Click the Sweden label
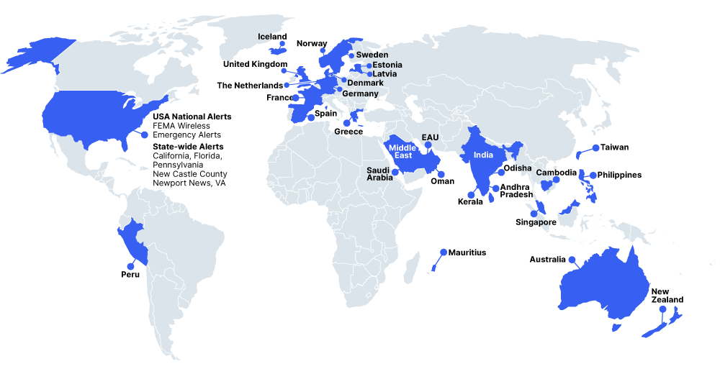coord(372,55)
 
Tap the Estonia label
coord(387,65)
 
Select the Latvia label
coord(385,74)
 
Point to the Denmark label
coord(366,83)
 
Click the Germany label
coord(360,94)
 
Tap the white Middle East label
coord(402,151)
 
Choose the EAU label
coord(430,137)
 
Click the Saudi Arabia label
coord(379,174)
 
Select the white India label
coord(484,155)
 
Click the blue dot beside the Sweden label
coord(351,55)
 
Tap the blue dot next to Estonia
coord(369,65)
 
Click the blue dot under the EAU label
coord(428,145)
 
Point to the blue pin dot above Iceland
coord(283,44)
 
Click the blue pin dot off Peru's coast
coord(130,266)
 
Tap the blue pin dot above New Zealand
coord(662,309)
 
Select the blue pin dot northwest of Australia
coord(571,260)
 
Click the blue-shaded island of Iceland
coord(276,51)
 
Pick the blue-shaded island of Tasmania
coord(616,327)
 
